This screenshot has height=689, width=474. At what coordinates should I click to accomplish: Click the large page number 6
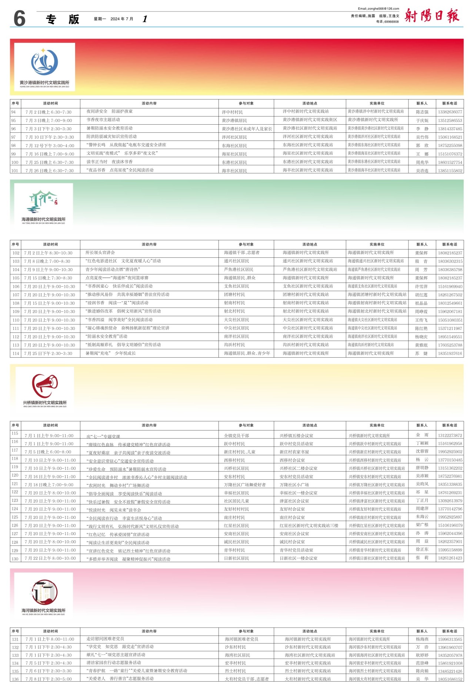[20, 18]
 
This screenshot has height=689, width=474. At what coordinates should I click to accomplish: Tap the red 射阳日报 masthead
[431, 16]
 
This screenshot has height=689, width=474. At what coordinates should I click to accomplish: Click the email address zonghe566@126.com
[378, 9]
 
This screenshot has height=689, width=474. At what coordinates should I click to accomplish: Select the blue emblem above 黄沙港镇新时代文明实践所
[44, 63]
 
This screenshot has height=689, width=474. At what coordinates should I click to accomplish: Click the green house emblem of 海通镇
[43, 202]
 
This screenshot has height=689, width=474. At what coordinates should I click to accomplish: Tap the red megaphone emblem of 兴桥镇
[45, 385]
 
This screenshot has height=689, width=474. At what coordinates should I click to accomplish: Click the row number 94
[14, 112]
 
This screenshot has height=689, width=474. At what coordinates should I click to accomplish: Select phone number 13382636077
[450, 112]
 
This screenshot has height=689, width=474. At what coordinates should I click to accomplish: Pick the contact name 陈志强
[422, 112]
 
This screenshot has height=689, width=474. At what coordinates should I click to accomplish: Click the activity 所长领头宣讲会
[100, 253]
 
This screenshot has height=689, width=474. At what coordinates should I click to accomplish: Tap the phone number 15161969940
[450, 287]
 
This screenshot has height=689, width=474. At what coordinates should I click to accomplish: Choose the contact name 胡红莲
[421, 295]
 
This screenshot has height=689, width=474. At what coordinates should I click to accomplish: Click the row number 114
[16, 354]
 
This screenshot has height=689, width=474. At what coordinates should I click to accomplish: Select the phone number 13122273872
[450, 435]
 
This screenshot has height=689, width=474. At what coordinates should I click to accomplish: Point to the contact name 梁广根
[422, 525]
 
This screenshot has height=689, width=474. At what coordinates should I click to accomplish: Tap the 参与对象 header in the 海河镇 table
[246, 631]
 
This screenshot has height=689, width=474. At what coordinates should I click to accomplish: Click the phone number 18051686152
[450, 679]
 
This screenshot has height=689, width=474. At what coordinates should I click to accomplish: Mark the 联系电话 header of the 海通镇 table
[450, 244]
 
